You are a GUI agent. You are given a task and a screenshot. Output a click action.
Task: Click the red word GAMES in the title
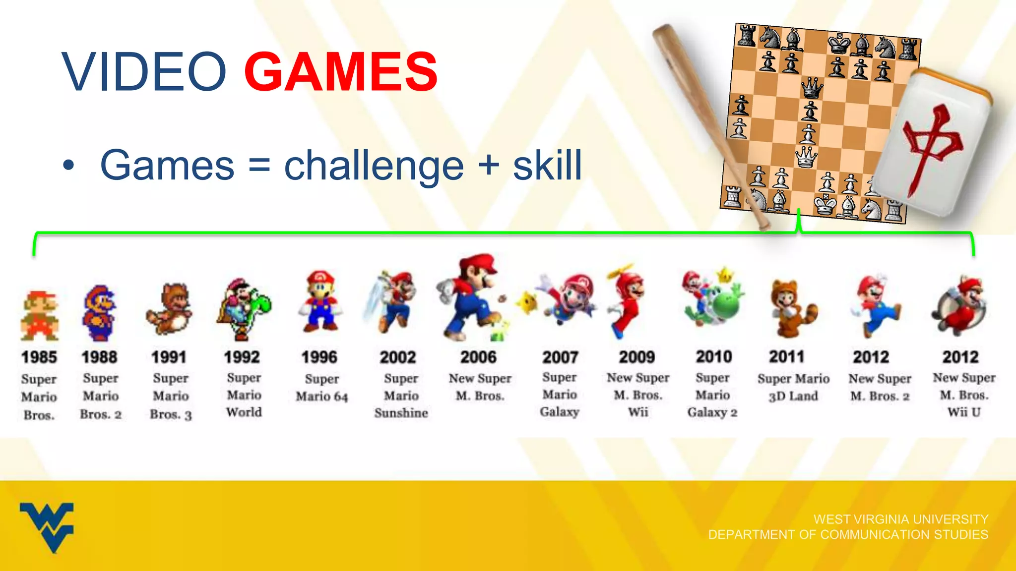[x=341, y=72]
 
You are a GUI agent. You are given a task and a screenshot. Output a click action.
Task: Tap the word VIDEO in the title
[x=144, y=72]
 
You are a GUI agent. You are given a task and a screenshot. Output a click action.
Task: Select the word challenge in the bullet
[x=374, y=166]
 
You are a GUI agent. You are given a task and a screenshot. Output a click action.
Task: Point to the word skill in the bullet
[x=547, y=166]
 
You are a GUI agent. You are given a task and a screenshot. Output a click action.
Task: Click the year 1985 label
[x=39, y=357]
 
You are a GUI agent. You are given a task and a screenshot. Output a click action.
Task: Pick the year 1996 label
[x=319, y=357]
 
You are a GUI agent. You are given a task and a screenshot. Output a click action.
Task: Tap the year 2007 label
[x=560, y=357]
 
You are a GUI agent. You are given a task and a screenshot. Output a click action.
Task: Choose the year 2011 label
[x=787, y=356]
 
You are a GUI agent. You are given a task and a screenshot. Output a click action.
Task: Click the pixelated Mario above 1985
[x=40, y=316]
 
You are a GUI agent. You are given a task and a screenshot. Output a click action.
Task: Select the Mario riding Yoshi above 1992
[x=243, y=310]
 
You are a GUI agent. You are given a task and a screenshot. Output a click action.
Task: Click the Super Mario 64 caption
[x=321, y=388]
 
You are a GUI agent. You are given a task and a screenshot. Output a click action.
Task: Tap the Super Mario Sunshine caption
[x=401, y=396]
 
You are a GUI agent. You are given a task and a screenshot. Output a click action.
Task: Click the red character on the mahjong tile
[x=931, y=146]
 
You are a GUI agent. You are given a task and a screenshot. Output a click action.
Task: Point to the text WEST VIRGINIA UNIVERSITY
[x=901, y=519]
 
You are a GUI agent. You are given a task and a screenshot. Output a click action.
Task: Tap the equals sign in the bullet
[x=259, y=166]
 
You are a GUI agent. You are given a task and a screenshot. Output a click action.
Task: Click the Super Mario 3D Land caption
[x=793, y=387]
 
